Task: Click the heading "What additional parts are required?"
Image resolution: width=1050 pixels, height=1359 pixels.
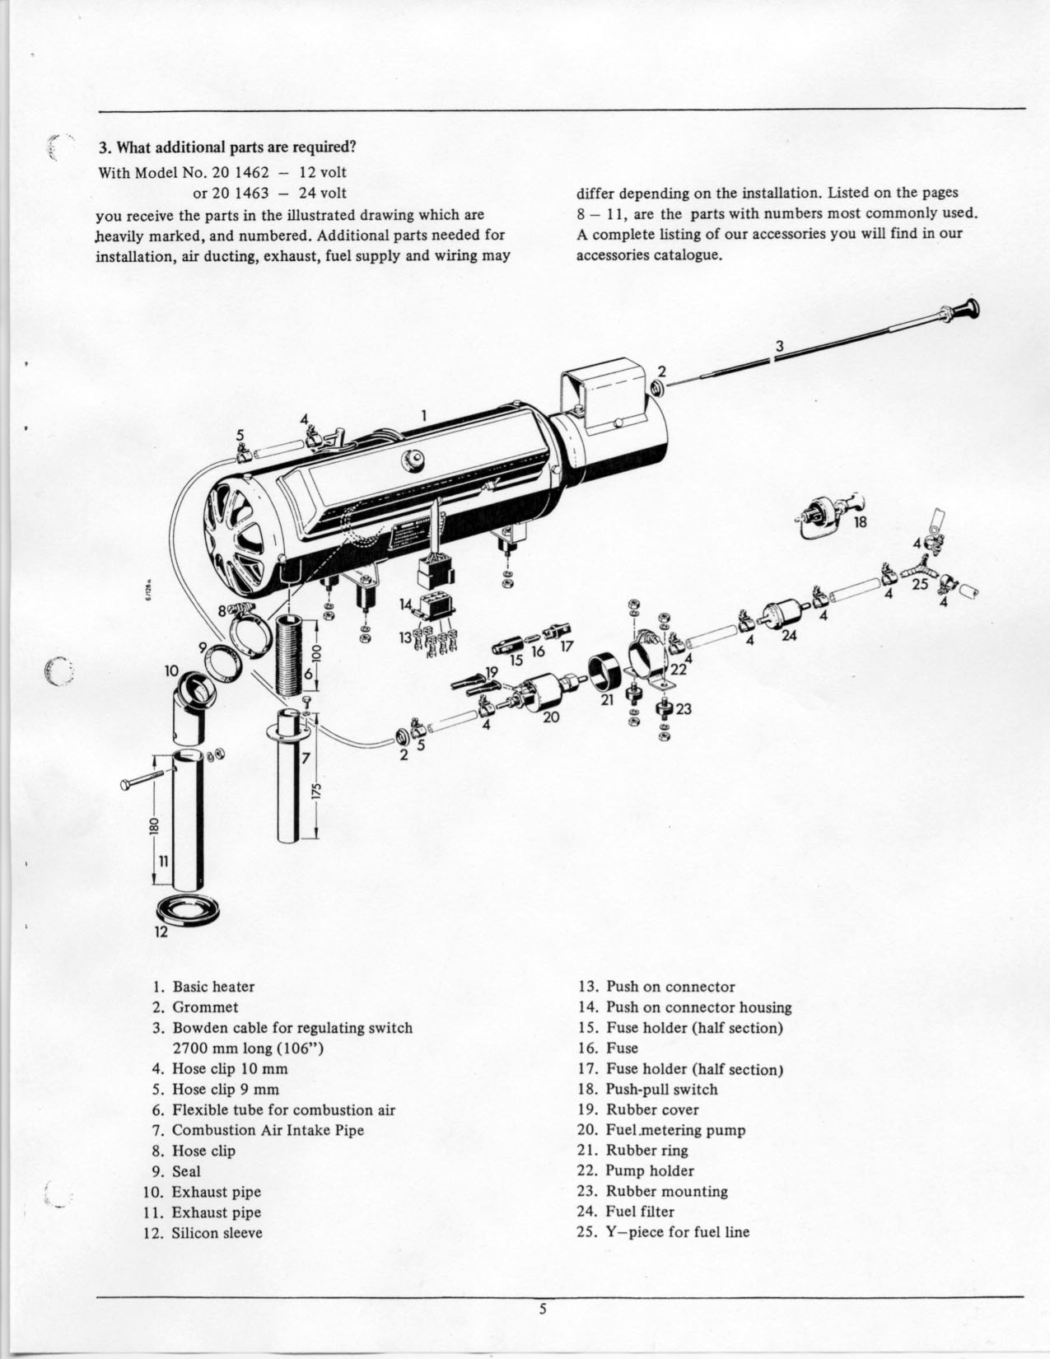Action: click(227, 148)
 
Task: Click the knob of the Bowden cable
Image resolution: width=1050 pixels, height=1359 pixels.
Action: click(971, 310)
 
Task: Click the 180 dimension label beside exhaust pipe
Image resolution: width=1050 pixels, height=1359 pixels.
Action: click(154, 825)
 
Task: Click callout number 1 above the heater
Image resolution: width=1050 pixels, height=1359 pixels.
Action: click(424, 415)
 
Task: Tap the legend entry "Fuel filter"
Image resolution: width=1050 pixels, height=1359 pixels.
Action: click(640, 1212)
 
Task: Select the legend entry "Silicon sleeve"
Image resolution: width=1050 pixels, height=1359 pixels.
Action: click(217, 1233)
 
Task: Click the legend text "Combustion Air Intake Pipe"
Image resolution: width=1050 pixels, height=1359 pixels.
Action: click(268, 1130)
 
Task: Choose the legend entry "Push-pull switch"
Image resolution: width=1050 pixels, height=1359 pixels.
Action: click(661, 1089)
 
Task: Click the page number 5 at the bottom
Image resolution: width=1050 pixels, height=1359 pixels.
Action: click(543, 1310)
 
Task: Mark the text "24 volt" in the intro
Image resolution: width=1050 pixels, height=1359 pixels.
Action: click(323, 193)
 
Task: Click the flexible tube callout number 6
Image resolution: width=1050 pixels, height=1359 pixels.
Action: click(307, 674)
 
